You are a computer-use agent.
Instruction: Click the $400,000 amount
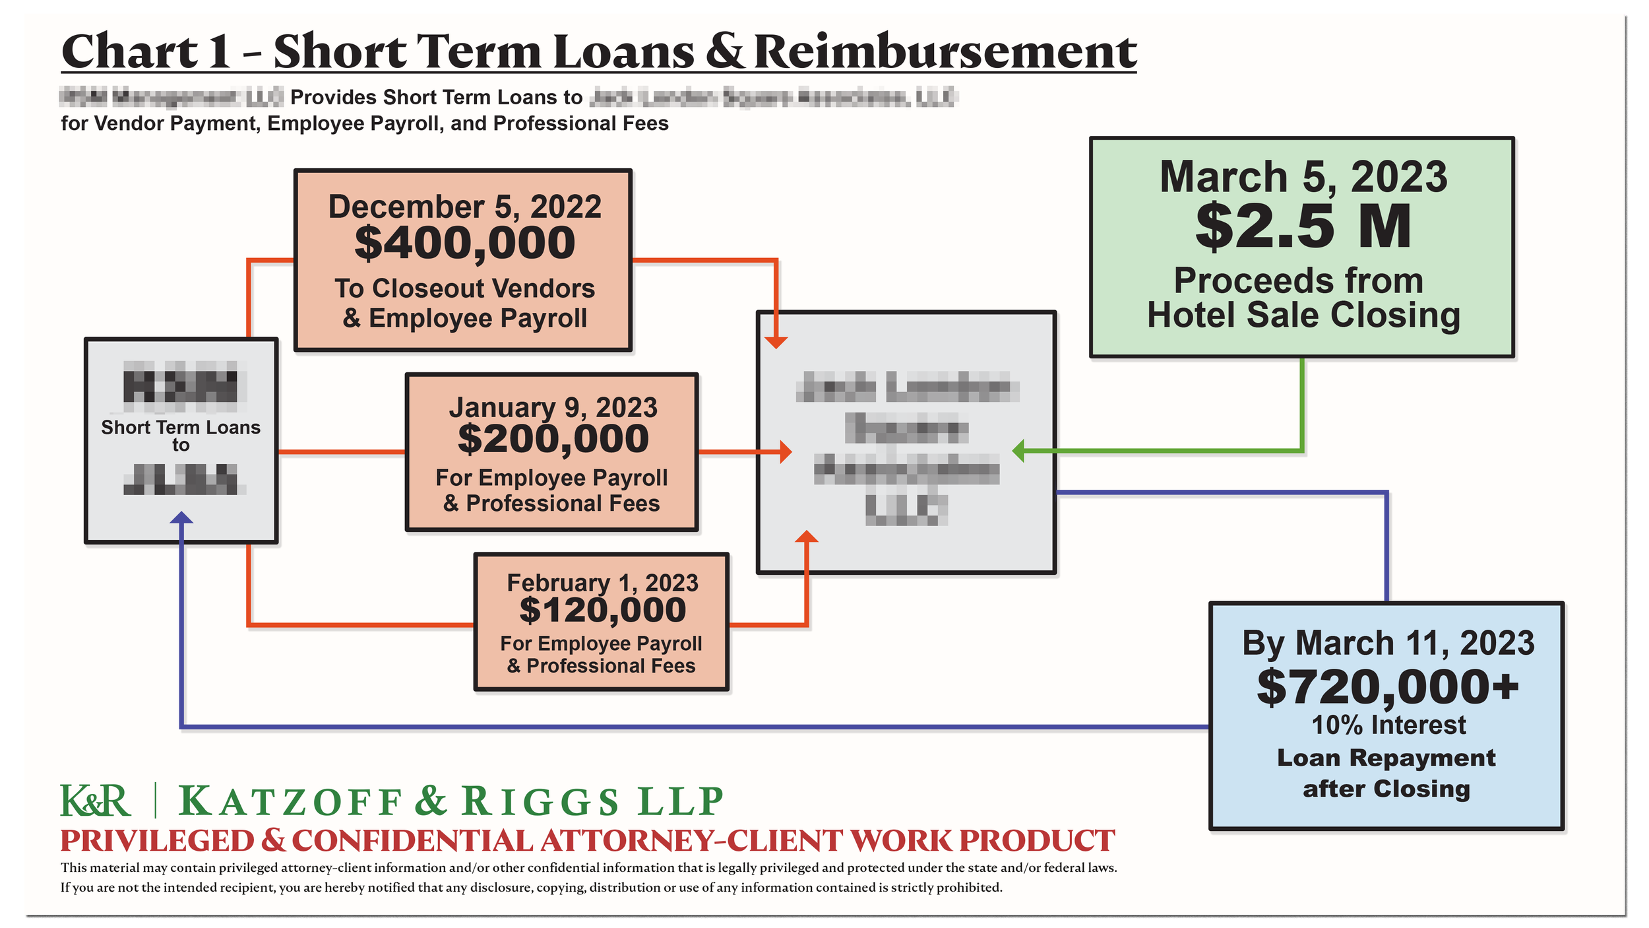coord(464,243)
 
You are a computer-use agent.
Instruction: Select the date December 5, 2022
coord(464,207)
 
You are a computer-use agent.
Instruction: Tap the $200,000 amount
coord(553,439)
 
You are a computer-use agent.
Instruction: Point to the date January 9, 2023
coord(553,408)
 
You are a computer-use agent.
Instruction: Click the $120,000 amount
coord(602,610)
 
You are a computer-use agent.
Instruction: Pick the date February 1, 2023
coord(602,583)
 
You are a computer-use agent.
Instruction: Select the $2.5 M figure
coord(1303,227)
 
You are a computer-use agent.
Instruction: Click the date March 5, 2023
coord(1303,177)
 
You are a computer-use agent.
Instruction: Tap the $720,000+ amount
coord(1388,688)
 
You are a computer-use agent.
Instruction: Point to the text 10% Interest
coord(1388,725)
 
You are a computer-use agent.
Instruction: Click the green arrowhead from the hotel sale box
coord(1019,451)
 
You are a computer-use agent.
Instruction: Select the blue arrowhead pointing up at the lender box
coord(181,519)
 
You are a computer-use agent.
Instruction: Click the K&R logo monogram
coord(96,801)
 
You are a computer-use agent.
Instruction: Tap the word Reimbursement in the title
coord(945,51)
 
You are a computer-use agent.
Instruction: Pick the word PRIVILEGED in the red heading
coord(157,841)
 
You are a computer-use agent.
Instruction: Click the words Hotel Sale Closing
coord(1303,315)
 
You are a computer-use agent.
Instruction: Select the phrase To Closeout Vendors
coord(464,288)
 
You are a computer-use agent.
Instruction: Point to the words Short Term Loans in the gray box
coord(181,428)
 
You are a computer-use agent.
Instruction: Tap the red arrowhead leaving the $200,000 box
coord(785,452)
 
